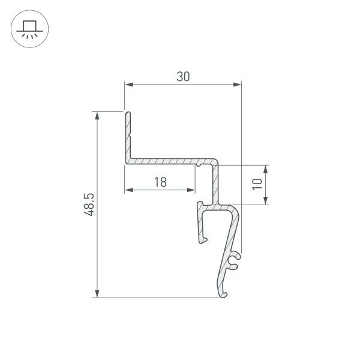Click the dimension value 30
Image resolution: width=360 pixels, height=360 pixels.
[x=183, y=76]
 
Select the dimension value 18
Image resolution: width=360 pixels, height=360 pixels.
[x=160, y=182]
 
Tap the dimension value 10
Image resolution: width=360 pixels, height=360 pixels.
[x=257, y=184]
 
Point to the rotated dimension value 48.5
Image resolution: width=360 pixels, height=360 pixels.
[x=89, y=204]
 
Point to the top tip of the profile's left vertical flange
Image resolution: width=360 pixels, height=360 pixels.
[x=127, y=112]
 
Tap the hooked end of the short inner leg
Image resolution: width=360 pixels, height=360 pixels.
[x=202, y=240]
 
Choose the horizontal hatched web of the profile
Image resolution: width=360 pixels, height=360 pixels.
[x=162, y=161]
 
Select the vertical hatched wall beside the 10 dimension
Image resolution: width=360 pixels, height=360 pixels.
[x=215, y=183]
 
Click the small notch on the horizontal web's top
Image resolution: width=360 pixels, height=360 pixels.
[x=199, y=160]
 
